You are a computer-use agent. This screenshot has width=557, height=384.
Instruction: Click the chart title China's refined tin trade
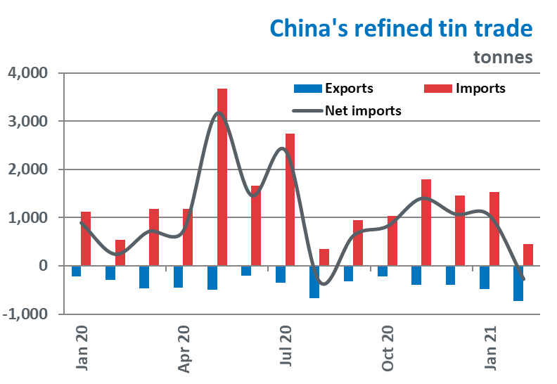tap(402, 29)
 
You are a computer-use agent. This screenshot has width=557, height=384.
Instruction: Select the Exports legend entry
tap(348, 89)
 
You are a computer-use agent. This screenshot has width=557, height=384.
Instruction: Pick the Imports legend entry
tap(480, 89)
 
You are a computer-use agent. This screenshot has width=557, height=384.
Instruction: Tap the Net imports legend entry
tap(362, 110)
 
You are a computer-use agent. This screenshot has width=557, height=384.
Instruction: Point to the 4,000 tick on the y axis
tap(27, 72)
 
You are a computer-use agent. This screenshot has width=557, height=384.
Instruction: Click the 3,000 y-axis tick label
tap(27, 121)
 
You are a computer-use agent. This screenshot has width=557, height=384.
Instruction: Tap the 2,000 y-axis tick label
tap(27, 169)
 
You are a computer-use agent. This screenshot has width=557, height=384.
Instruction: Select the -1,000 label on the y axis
tap(25, 314)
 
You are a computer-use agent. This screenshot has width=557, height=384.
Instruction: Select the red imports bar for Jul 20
tap(290, 200)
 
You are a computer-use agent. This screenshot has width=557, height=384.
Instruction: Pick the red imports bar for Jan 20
tap(86, 239)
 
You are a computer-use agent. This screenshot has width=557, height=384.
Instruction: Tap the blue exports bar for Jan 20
tap(76, 271)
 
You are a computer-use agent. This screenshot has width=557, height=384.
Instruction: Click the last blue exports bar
tap(518, 283)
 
